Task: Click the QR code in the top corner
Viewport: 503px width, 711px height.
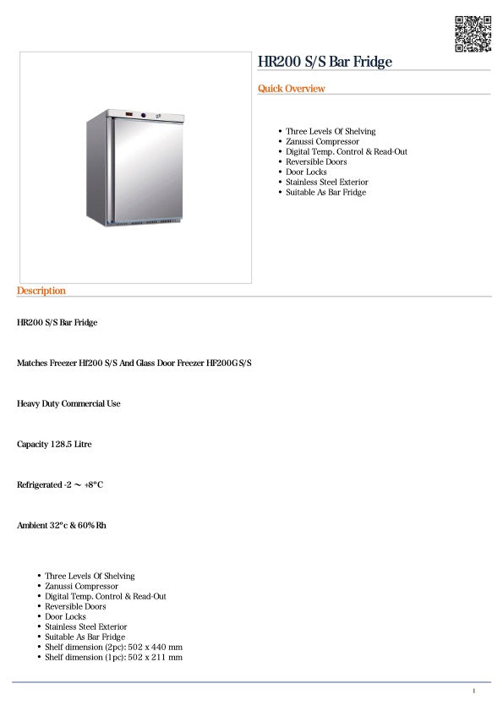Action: pos(473,34)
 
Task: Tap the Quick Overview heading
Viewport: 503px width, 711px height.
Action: pos(291,89)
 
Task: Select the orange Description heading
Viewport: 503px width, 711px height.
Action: pos(41,291)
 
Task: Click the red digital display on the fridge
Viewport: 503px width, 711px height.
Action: pos(129,116)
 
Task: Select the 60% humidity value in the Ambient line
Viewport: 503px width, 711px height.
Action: pos(87,525)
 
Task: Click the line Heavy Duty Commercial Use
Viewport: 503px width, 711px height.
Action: pos(68,403)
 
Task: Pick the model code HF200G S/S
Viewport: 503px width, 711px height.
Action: pos(229,363)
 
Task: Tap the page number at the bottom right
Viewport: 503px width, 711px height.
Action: pos(474,692)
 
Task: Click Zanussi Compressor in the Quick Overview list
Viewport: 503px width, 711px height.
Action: pos(322,141)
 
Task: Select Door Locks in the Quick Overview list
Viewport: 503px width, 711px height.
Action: pos(306,172)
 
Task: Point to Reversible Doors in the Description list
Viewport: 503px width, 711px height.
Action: pos(75,606)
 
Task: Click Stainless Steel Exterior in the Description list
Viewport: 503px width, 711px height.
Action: pos(86,626)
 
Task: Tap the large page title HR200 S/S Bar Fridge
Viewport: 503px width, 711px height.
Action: pos(325,62)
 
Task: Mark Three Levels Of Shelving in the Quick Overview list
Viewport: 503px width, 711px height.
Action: pos(331,131)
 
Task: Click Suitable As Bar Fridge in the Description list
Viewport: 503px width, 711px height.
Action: pos(85,637)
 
